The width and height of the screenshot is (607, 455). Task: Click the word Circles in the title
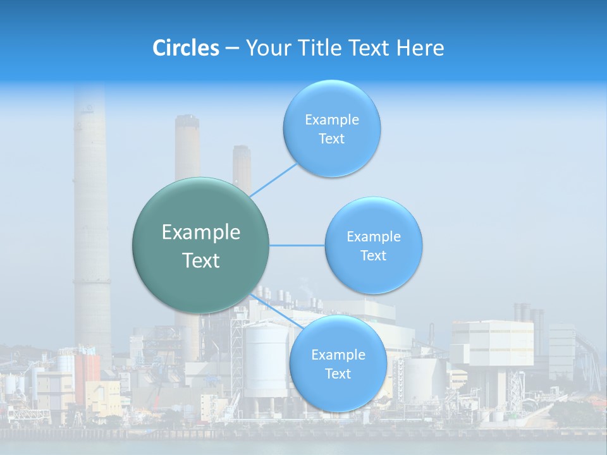[185, 48]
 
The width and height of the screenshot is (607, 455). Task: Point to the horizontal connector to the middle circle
[297, 245]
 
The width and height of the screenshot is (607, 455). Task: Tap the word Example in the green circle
[201, 233]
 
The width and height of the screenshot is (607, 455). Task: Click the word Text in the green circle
[201, 260]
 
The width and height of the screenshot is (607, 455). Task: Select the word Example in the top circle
[331, 119]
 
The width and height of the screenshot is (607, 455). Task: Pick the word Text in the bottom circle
[338, 373]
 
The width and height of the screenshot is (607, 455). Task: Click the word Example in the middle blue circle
[373, 237]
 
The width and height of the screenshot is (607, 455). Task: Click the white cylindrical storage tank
[266, 360]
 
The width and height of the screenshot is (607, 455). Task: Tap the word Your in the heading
[266, 48]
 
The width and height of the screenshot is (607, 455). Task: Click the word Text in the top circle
[331, 138]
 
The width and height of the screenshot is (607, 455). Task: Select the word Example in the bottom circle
[338, 355]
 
